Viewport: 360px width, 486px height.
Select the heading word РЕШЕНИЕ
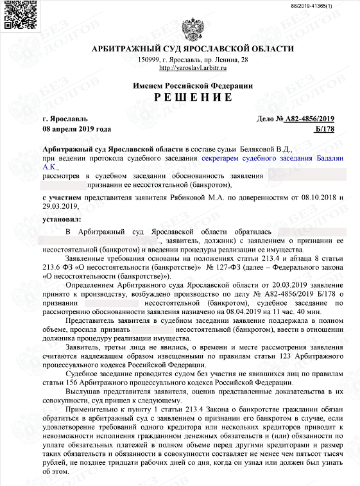click(x=193, y=97)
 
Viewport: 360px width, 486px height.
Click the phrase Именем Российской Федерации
click(x=193, y=85)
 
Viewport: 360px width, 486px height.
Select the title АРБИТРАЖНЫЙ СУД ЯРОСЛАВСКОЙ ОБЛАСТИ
click(x=193, y=49)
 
